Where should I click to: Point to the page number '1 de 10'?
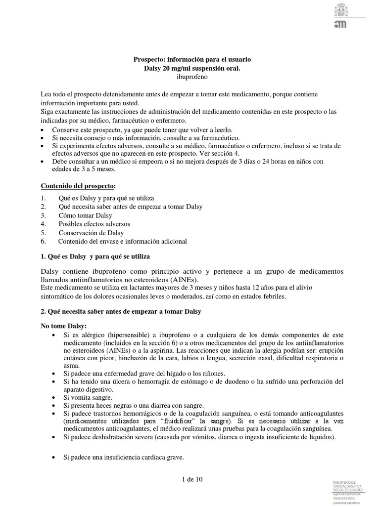click(x=192, y=479)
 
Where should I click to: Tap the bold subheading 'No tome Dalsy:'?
click(x=63, y=326)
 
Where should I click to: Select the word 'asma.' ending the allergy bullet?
click(x=71, y=366)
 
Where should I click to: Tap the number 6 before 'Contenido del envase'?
click(x=44, y=241)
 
